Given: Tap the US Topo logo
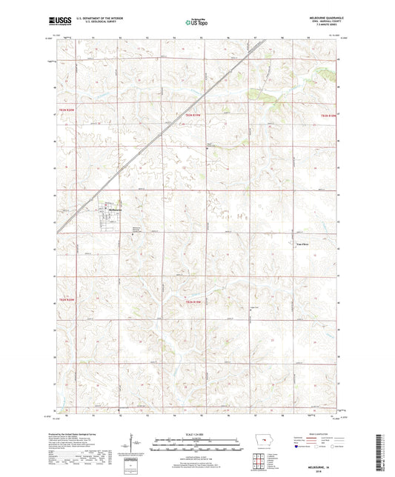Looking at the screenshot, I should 196,22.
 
